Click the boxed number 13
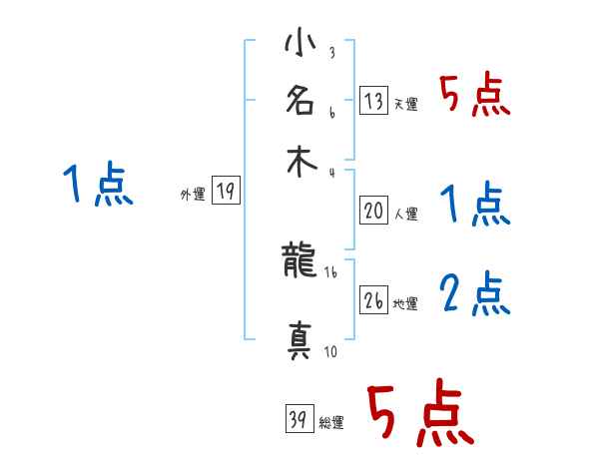click(x=374, y=100)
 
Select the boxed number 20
click(x=374, y=211)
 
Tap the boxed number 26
click(x=374, y=301)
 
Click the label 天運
click(x=405, y=104)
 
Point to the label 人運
click(x=405, y=214)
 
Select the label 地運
click(x=405, y=304)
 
